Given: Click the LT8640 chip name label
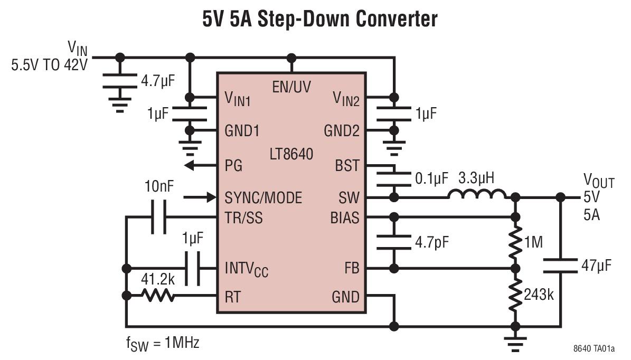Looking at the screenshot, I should (290, 155).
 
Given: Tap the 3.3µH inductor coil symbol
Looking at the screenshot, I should (477, 195).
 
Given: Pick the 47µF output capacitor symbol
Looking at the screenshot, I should (561, 266).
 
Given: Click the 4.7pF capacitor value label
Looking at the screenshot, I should (431, 243).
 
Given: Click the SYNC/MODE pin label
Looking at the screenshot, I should (263, 198).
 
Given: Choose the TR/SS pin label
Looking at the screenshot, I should (243, 217).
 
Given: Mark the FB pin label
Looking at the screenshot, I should (350, 269).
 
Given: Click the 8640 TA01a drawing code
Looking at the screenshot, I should (594, 349).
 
